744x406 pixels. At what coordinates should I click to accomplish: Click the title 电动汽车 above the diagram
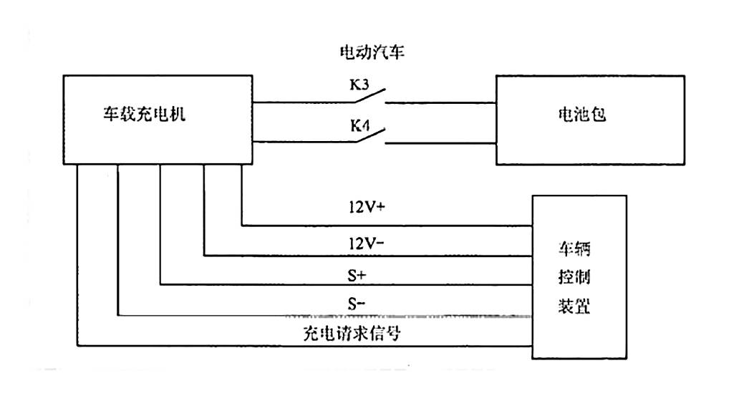point(372,52)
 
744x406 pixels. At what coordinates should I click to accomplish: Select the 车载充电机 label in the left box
point(143,114)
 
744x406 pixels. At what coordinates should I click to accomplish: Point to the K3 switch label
point(360,87)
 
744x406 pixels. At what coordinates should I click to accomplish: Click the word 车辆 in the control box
point(574,251)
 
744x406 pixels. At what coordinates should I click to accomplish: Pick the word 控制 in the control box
point(574,278)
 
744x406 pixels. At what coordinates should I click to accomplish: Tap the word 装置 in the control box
point(574,306)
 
